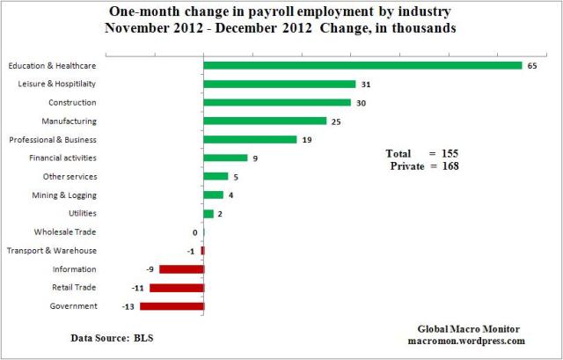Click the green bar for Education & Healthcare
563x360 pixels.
click(x=362, y=65)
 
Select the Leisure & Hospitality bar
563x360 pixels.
click(x=279, y=84)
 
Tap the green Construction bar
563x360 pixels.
click(x=277, y=102)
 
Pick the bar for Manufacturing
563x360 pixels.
click(x=265, y=121)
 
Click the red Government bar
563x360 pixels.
click(x=172, y=306)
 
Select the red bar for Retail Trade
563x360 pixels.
click(x=177, y=288)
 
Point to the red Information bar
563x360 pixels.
click(x=181, y=269)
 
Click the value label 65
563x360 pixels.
click(x=532, y=65)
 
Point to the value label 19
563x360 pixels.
click(x=307, y=139)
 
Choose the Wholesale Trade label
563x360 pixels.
click(x=65, y=231)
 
